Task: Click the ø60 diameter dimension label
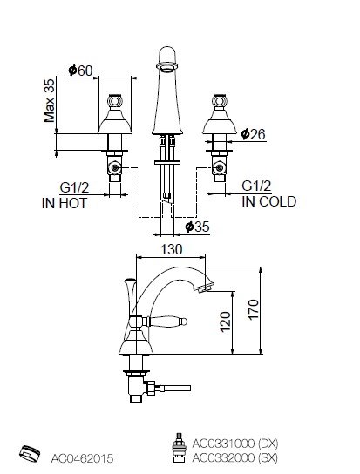pyautogui.click(x=80, y=71)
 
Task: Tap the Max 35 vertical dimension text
pyautogui.click(x=50, y=100)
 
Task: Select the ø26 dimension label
pyautogui.click(x=253, y=134)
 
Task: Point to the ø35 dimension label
pyautogui.click(x=197, y=227)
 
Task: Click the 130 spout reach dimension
pyautogui.click(x=172, y=250)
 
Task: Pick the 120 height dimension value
pyautogui.click(x=225, y=322)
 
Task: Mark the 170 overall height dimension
pyautogui.click(x=254, y=309)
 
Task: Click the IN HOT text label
pyautogui.click(x=65, y=203)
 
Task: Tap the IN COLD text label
pyautogui.click(x=269, y=201)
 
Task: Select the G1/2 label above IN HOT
pyautogui.click(x=74, y=187)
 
